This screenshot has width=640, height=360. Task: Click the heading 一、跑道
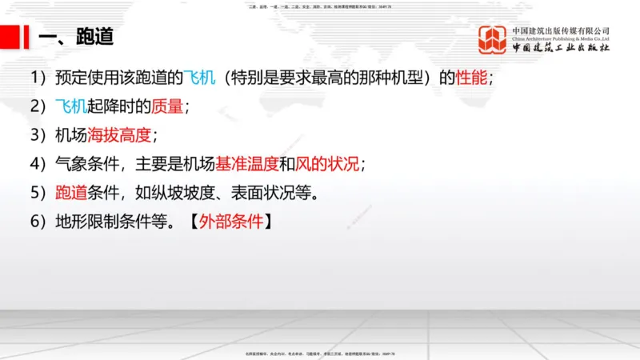click(76, 37)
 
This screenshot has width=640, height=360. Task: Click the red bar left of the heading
click(10, 36)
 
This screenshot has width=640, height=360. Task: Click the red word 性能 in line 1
click(470, 78)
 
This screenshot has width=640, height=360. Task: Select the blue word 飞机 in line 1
click(199, 78)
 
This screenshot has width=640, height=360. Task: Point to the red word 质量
click(167, 106)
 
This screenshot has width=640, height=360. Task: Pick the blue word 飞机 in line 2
click(70, 106)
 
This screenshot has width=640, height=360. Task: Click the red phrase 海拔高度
click(119, 135)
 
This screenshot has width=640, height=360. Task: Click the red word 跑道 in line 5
click(70, 193)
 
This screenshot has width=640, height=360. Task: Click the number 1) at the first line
click(39, 78)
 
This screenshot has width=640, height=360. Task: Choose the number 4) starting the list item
click(39, 164)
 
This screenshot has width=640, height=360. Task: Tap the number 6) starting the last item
click(39, 222)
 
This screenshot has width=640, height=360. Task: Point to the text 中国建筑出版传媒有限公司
click(560, 30)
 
